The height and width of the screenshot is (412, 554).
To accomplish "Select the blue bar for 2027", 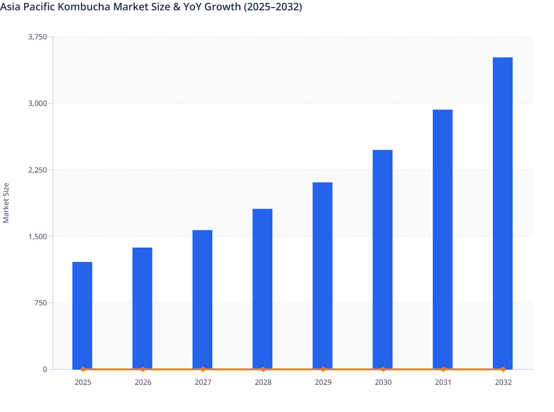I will [202, 299].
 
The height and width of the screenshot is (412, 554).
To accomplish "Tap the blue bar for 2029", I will [323, 276].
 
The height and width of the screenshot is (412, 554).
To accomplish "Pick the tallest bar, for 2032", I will [503, 213].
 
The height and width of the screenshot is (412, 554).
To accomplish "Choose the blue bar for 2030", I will [382, 259].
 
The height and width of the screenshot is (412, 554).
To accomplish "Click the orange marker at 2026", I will [143, 369].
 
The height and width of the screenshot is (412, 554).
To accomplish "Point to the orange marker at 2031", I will [443, 369].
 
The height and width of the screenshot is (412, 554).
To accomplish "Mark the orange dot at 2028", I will [263, 369].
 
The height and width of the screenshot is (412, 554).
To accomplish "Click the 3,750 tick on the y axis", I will [38, 37].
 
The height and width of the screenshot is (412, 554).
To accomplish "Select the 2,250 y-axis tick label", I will [38, 170].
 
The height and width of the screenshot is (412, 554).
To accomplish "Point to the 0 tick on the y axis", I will [45, 369].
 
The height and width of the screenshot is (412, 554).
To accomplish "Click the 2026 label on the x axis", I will [143, 382].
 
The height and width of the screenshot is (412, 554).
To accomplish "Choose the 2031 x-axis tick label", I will [443, 382].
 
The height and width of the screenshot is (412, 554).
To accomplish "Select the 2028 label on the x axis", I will [263, 382].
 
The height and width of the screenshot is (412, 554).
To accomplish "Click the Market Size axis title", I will [6, 203].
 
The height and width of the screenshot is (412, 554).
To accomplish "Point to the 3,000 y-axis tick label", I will [38, 103].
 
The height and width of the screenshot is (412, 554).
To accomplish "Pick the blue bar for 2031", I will [442, 239].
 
